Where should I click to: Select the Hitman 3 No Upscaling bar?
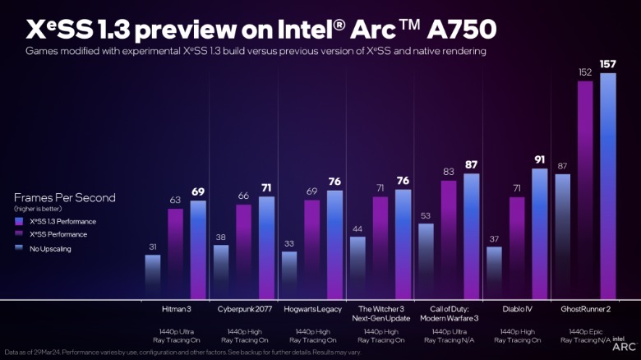click(x=153, y=276)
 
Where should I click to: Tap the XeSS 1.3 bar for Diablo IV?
click(x=539, y=233)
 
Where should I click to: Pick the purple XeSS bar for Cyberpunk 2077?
click(x=244, y=251)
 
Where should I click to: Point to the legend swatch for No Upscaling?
click(x=18, y=247)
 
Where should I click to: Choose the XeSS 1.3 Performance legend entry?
click(x=62, y=222)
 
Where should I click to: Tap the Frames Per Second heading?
click(x=65, y=197)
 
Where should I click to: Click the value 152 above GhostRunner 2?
click(x=585, y=72)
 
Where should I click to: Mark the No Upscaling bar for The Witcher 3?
click(x=357, y=267)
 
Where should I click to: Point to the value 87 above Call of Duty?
click(x=470, y=164)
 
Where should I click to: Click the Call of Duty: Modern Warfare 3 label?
click(x=448, y=314)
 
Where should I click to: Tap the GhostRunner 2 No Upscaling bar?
click(x=563, y=236)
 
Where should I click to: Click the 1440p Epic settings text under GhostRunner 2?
click(x=584, y=332)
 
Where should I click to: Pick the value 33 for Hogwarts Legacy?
click(x=289, y=244)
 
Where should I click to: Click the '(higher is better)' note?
click(x=38, y=209)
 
